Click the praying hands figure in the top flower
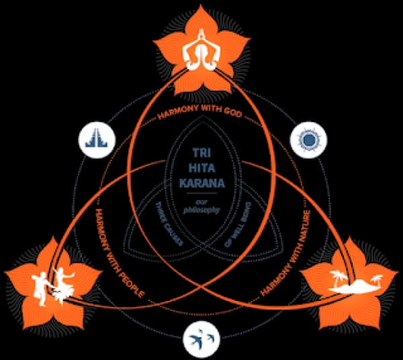coord(201,50)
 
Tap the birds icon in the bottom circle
coord(202,335)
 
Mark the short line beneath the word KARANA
coord(201,192)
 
